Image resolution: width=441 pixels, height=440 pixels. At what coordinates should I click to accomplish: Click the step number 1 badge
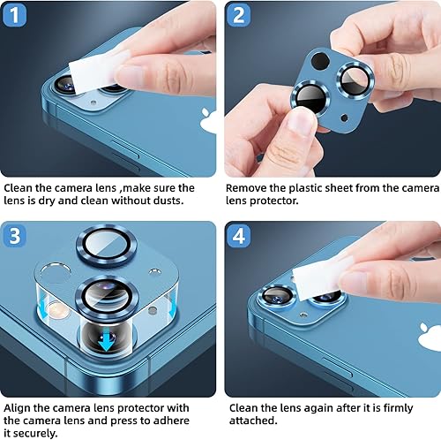point(16,15)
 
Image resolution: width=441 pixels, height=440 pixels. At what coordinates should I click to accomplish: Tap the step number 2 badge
point(238,15)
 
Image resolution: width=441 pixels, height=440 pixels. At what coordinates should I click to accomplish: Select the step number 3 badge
point(16,236)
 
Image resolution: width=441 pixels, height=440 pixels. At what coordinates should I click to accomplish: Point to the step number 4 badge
point(238,236)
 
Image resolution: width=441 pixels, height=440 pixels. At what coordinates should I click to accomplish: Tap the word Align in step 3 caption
point(19,407)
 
